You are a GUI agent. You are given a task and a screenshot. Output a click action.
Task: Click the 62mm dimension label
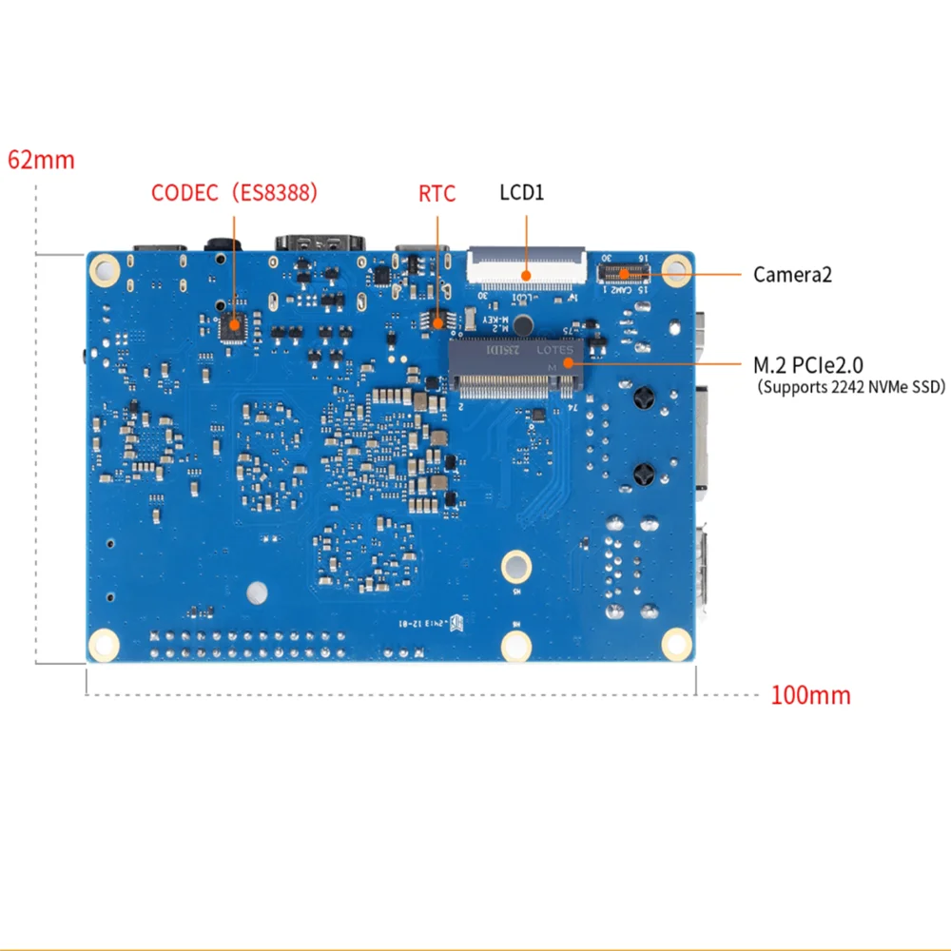[x=41, y=159]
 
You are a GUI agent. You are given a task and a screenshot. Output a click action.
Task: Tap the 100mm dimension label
[x=810, y=695]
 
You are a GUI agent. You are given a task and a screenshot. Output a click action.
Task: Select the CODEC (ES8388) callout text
[x=234, y=193]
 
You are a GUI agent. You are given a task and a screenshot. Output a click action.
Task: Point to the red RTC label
[x=437, y=194]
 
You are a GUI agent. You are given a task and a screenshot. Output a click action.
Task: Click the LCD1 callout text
[x=522, y=193]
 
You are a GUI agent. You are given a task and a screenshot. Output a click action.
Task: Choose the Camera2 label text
[x=793, y=275]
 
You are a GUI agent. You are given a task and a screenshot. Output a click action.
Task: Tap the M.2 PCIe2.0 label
[x=808, y=363]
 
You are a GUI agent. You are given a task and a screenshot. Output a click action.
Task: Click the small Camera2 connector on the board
[x=623, y=273]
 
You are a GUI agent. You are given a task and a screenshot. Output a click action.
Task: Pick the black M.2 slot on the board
[x=514, y=371]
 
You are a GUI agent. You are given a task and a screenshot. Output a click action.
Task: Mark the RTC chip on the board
[x=437, y=321]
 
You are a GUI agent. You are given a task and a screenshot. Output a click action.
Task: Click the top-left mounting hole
[x=107, y=271]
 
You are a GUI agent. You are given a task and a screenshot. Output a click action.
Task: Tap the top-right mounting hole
[x=676, y=270]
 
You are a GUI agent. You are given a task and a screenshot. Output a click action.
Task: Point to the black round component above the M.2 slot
[x=521, y=325]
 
